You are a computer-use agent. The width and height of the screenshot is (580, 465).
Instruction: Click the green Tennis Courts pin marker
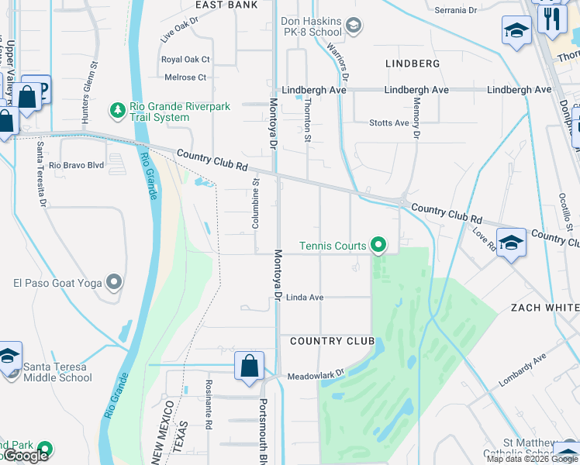[378, 246]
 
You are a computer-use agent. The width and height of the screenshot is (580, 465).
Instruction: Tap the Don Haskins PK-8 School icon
[354, 27]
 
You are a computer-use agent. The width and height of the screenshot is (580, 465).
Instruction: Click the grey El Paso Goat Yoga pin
[115, 283]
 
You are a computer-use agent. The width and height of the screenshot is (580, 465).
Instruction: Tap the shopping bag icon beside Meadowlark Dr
[250, 367]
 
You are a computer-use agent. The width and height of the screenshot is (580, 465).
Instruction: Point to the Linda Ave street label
[305, 298]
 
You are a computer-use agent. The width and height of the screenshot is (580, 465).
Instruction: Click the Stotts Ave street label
[389, 123]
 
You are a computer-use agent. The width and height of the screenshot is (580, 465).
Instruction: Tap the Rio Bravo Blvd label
[76, 165]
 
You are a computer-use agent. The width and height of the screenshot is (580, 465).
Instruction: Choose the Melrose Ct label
[185, 77]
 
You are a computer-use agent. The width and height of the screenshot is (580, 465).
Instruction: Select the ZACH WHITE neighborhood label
[544, 308]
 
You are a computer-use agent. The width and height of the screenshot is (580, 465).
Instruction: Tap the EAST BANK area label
[226, 5]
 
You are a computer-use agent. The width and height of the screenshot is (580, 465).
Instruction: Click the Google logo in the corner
[25, 456]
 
